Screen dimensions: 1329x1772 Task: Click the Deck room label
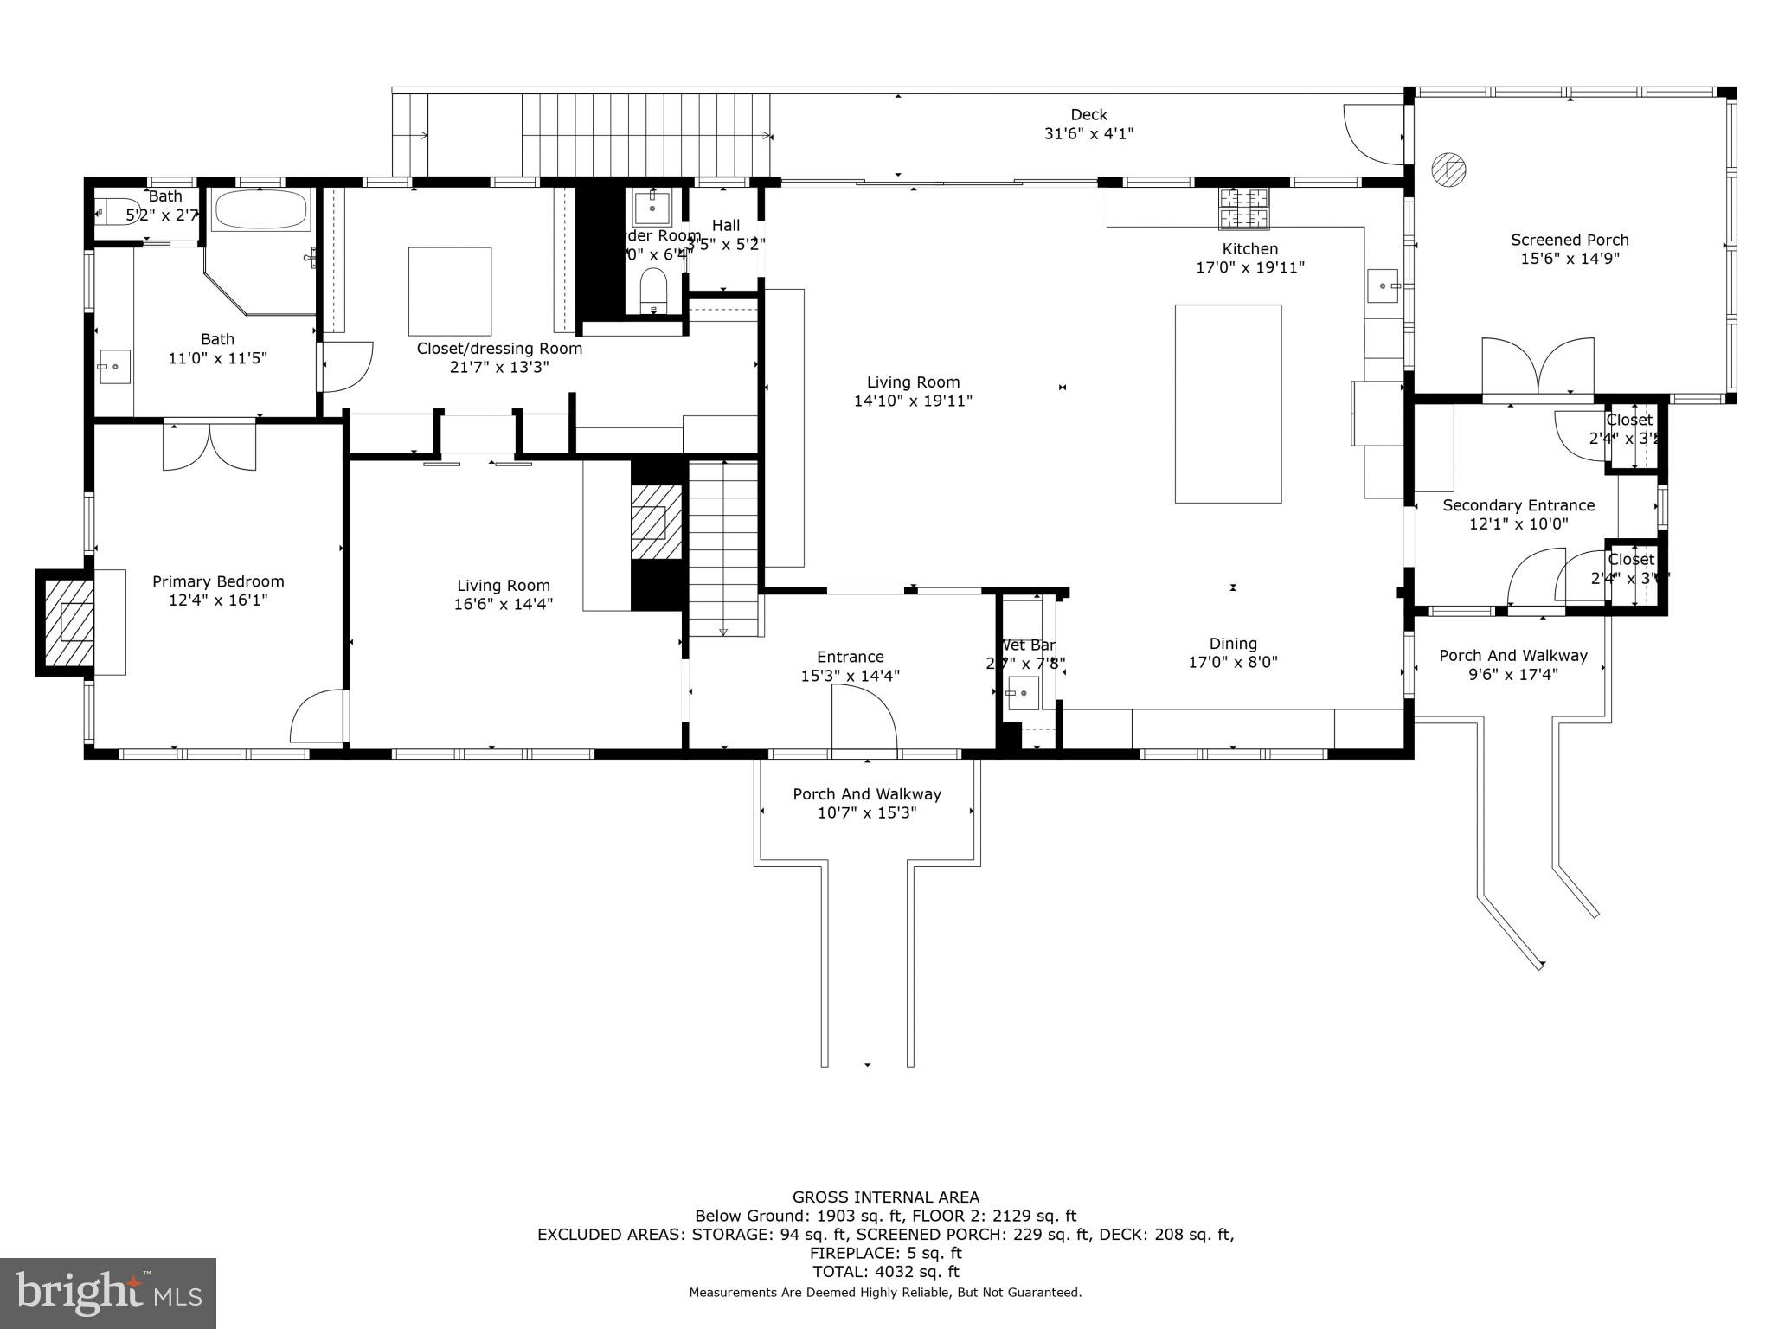(1088, 115)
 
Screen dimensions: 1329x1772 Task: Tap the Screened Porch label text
(1570, 241)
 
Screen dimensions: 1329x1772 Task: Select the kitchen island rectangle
(1228, 403)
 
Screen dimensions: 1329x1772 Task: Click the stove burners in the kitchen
(1244, 209)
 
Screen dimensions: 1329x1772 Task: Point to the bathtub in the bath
(260, 210)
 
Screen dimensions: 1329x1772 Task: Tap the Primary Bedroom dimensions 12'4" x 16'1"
(218, 600)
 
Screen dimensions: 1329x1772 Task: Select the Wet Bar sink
(1023, 693)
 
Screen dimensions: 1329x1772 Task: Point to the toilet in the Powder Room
(652, 291)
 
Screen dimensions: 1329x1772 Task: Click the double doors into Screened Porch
(1538, 367)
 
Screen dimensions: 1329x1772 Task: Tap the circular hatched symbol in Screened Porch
(1448, 170)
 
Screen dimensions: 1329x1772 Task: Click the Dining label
(1233, 644)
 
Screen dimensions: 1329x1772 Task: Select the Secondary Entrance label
(1518, 505)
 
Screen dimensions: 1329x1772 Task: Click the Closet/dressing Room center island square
(450, 291)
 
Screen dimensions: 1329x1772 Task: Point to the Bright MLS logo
(108, 1293)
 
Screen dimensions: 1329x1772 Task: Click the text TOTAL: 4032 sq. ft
(885, 1272)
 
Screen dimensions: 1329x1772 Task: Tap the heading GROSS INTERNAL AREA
(886, 1197)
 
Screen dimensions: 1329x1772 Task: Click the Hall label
(725, 226)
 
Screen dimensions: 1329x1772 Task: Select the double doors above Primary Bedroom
(209, 446)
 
